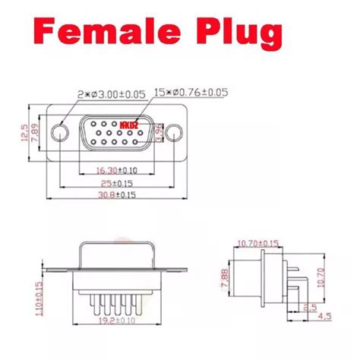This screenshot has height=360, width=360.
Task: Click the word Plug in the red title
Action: (x=238, y=34)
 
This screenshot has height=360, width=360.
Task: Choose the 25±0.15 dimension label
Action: (x=118, y=184)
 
